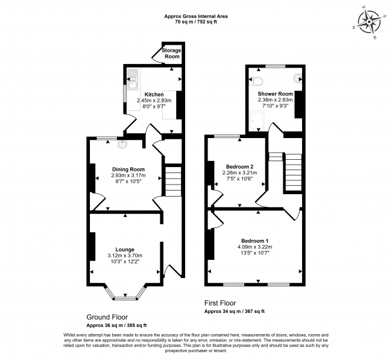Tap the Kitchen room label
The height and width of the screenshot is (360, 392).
pyautogui.click(x=154, y=95)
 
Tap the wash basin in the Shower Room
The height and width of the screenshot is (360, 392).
pyautogui.click(x=298, y=78)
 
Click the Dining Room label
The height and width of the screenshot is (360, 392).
pyautogui.click(x=128, y=169)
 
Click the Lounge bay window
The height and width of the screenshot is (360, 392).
pyautogui.click(x=125, y=295)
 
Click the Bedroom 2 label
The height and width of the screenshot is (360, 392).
pyautogui.click(x=239, y=166)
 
